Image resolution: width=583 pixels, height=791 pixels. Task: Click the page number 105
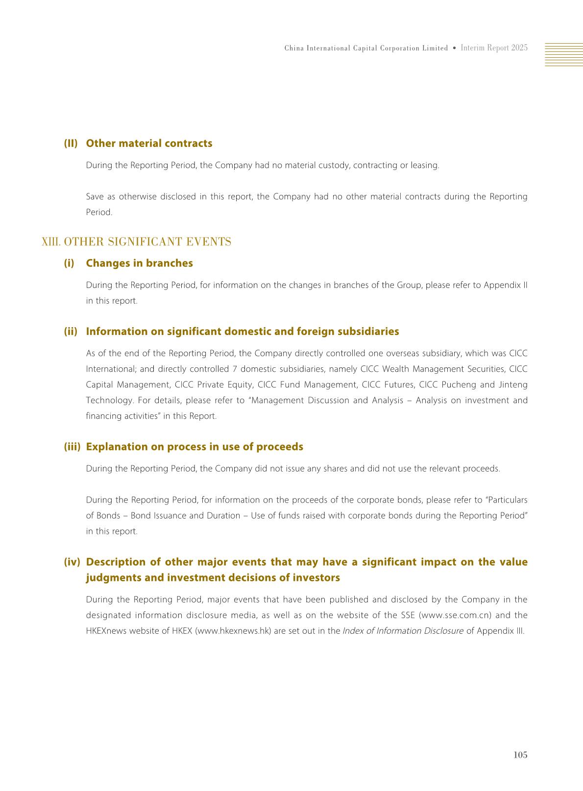coord(520,755)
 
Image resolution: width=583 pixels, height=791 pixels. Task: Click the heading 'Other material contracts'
coord(149,144)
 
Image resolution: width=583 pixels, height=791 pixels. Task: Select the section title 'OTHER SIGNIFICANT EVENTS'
coord(147,242)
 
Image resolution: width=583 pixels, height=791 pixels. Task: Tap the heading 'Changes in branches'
coord(139,263)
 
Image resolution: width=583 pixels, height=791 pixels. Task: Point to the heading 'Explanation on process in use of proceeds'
coord(194,447)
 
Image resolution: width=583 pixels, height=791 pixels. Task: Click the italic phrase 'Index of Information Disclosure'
coord(403,631)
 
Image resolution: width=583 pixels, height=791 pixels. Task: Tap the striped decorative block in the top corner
coord(563,54)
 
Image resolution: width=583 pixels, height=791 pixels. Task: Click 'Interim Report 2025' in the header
coord(494,48)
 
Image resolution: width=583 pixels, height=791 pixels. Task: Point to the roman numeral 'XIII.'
coord(51,242)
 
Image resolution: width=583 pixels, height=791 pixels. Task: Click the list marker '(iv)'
coord(72,562)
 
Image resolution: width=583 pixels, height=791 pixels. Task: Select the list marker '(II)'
coord(71,144)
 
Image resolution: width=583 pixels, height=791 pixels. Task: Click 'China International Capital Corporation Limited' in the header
coord(366,48)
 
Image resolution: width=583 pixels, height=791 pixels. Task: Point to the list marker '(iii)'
coord(72,447)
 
